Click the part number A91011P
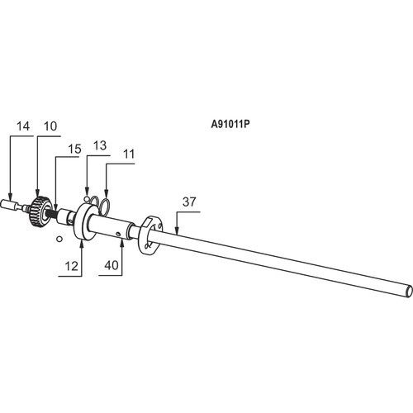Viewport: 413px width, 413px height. (x=230, y=125)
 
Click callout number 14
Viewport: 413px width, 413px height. (x=23, y=126)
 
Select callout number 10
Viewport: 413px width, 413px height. (x=50, y=126)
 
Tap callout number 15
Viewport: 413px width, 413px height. (x=74, y=149)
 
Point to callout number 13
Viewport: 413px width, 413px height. (x=100, y=145)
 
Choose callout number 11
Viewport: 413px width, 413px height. (x=129, y=154)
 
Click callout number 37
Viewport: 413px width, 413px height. (x=189, y=202)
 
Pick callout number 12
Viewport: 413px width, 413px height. (x=71, y=266)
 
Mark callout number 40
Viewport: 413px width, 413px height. (x=112, y=265)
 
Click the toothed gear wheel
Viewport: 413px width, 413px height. (x=40, y=211)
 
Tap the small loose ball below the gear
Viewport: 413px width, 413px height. (x=59, y=239)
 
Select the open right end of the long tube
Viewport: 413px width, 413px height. (x=410, y=291)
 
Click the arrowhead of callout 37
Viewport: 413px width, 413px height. (x=177, y=231)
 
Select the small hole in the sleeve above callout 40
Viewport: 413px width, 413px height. (x=118, y=235)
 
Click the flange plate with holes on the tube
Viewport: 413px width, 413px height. (x=150, y=235)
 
